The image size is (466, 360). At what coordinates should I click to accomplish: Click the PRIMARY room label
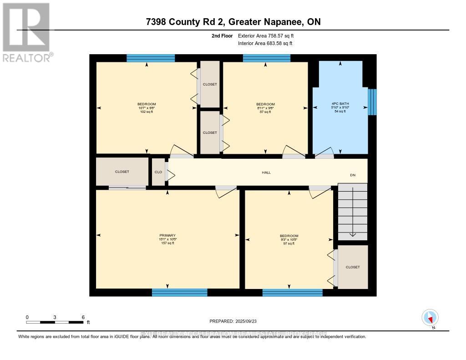167,236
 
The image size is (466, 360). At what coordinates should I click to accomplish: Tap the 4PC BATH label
339,104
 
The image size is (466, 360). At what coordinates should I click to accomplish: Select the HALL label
266,172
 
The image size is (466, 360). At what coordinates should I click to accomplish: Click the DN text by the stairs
352,175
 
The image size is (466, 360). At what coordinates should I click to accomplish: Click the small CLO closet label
158,172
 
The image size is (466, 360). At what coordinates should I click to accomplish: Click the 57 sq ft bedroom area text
265,112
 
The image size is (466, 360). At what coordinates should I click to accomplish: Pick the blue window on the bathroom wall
372,102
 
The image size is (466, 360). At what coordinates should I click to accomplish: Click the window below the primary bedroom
179,292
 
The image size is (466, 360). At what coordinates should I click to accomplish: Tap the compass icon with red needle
430,317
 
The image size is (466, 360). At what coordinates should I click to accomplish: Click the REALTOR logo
27,32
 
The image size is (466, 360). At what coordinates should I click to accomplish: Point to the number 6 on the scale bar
83,317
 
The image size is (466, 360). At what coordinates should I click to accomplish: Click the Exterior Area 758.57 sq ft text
269,35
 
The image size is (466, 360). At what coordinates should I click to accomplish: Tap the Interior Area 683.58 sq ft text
265,43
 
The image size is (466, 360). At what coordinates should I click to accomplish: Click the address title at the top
233,22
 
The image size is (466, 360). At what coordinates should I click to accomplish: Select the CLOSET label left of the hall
122,172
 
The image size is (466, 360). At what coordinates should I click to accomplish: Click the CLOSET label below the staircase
352,267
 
